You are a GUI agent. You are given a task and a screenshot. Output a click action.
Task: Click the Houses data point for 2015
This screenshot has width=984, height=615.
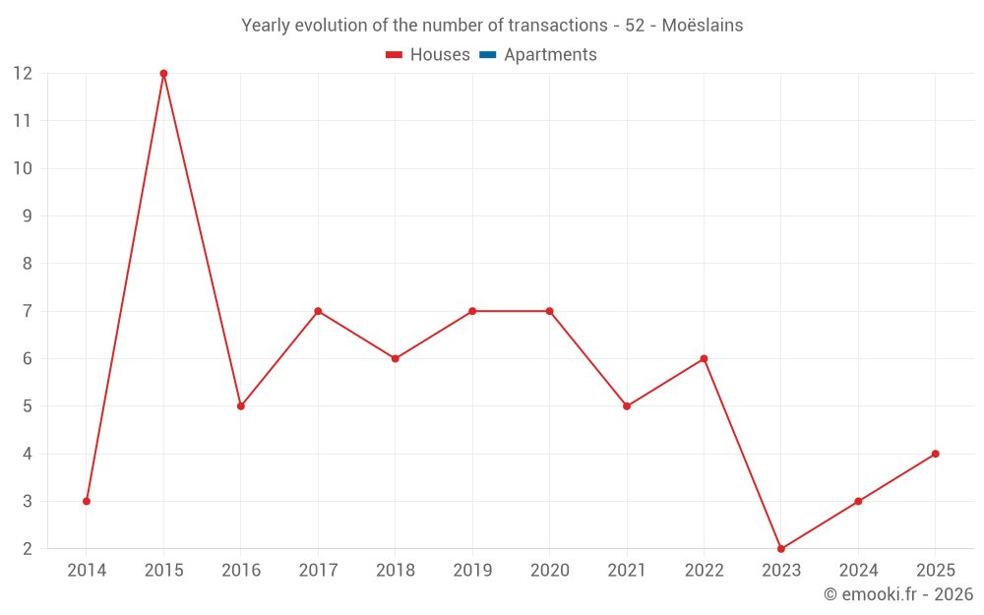click(x=163, y=74)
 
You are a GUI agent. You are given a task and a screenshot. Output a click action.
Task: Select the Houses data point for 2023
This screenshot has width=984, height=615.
click(x=781, y=549)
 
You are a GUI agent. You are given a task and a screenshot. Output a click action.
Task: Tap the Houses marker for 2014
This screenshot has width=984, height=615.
click(x=87, y=501)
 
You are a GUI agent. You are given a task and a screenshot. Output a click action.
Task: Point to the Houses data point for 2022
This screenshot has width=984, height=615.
click(x=704, y=358)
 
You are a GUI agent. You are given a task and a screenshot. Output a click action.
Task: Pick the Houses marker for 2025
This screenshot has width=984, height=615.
click(x=935, y=454)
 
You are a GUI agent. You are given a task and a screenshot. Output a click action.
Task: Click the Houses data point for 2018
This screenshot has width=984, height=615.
click(x=395, y=358)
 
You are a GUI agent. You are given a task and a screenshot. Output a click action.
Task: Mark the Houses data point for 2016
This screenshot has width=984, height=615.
click(x=241, y=406)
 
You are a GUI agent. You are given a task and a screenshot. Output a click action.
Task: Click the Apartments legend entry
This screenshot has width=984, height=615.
click(x=550, y=55)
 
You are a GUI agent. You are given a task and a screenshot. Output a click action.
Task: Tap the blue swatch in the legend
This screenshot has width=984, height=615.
click(x=487, y=55)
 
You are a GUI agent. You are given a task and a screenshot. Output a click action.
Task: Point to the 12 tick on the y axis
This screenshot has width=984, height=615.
click(x=23, y=74)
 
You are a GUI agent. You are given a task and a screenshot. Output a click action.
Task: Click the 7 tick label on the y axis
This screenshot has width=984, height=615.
click(x=28, y=311)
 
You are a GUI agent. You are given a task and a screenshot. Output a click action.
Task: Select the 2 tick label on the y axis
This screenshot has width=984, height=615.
click(x=28, y=549)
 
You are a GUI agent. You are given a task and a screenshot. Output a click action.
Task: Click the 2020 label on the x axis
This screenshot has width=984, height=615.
click(x=549, y=571)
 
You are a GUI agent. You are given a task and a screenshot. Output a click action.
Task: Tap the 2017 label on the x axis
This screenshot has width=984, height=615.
click(x=318, y=571)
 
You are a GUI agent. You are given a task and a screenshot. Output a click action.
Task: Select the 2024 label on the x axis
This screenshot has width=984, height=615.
click(x=858, y=571)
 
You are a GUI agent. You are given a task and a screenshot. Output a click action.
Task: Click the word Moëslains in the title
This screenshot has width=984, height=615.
click(x=703, y=26)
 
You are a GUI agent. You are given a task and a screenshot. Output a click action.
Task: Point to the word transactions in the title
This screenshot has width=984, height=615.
click(x=559, y=26)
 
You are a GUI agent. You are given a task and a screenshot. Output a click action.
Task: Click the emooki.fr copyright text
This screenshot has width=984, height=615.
click(x=898, y=594)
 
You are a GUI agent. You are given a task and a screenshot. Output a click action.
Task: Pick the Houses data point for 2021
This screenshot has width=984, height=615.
click(x=627, y=406)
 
